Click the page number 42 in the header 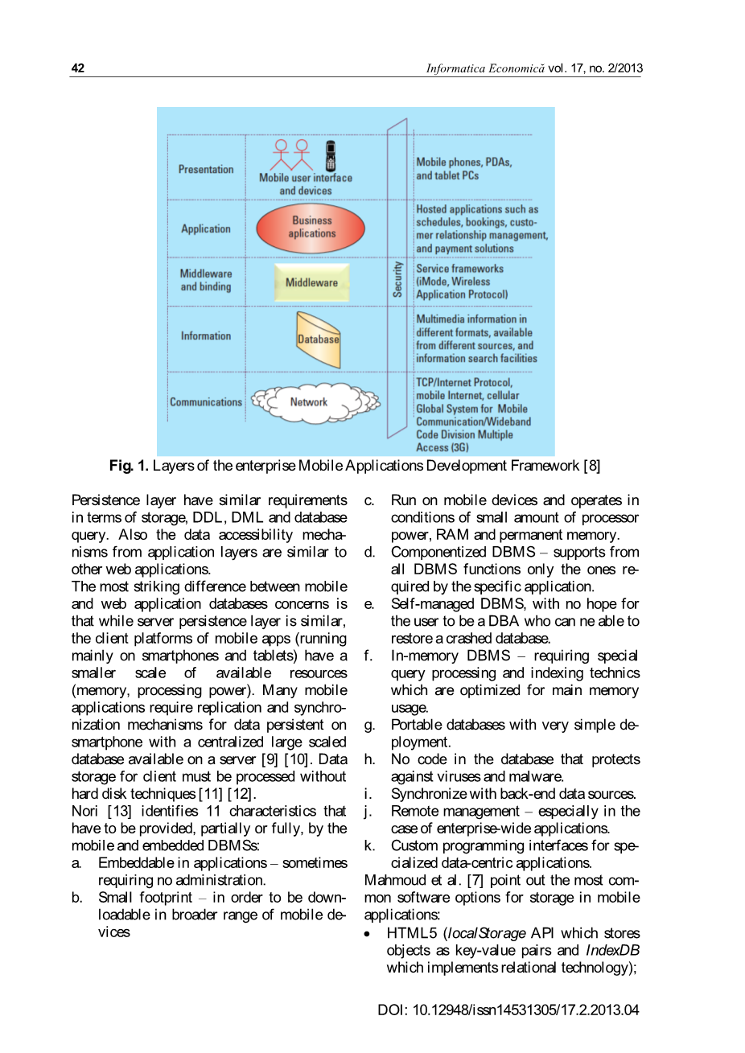[78, 68]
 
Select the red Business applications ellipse [311, 228]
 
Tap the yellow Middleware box [311, 282]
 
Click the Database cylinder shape [318, 339]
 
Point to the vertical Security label [397, 279]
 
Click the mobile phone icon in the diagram [330, 155]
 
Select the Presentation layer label [206, 170]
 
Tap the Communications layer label [205, 401]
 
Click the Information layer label [206, 335]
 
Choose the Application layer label [206, 228]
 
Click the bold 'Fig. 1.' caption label [129, 466]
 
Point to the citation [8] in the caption [591, 466]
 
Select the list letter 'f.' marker [368, 656]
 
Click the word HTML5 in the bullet [411, 933]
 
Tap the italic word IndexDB [612, 950]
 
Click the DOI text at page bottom [508, 1010]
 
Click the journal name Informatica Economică [485, 68]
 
